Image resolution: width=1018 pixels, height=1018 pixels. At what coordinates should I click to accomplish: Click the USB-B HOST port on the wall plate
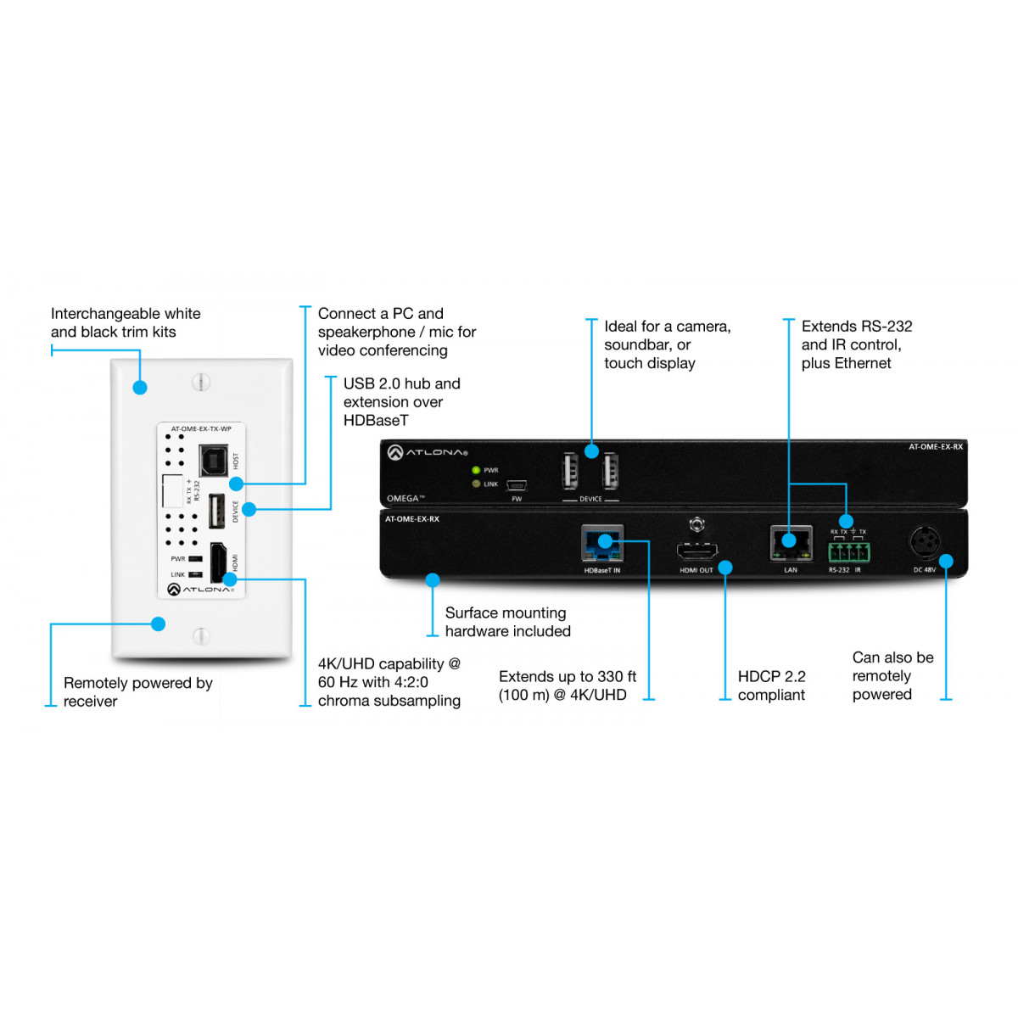point(214,460)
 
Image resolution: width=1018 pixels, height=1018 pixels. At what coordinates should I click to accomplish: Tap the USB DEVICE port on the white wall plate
point(216,511)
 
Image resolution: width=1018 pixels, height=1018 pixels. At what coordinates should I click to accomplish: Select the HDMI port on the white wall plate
point(219,562)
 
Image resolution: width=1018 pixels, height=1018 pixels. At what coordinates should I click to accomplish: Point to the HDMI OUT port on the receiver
point(696,551)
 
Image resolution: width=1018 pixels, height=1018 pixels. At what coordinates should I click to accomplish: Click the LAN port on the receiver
point(791,544)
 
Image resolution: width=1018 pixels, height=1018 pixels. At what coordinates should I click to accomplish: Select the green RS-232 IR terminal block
point(849,552)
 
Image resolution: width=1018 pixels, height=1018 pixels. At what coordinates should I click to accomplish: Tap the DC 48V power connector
point(925,543)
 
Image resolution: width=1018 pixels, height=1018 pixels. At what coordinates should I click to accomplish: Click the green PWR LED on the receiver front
point(475,470)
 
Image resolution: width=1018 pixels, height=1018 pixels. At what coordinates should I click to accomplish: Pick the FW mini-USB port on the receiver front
point(516,485)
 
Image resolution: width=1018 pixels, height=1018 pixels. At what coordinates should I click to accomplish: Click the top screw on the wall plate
point(201,382)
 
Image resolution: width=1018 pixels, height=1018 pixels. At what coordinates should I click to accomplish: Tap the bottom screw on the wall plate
point(201,636)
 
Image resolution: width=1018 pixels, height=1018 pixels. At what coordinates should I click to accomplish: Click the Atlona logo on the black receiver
point(428,452)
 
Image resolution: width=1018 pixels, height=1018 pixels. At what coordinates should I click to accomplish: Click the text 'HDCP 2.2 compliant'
point(771,685)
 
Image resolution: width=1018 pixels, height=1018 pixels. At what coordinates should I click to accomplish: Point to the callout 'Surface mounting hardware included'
point(507,622)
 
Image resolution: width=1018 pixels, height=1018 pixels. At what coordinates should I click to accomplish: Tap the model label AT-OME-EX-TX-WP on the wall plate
point(201,428)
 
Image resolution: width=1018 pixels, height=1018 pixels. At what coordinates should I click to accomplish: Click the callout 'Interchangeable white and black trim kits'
point(126,322)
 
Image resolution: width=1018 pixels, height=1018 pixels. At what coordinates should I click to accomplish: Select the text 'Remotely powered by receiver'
point(137,691)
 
